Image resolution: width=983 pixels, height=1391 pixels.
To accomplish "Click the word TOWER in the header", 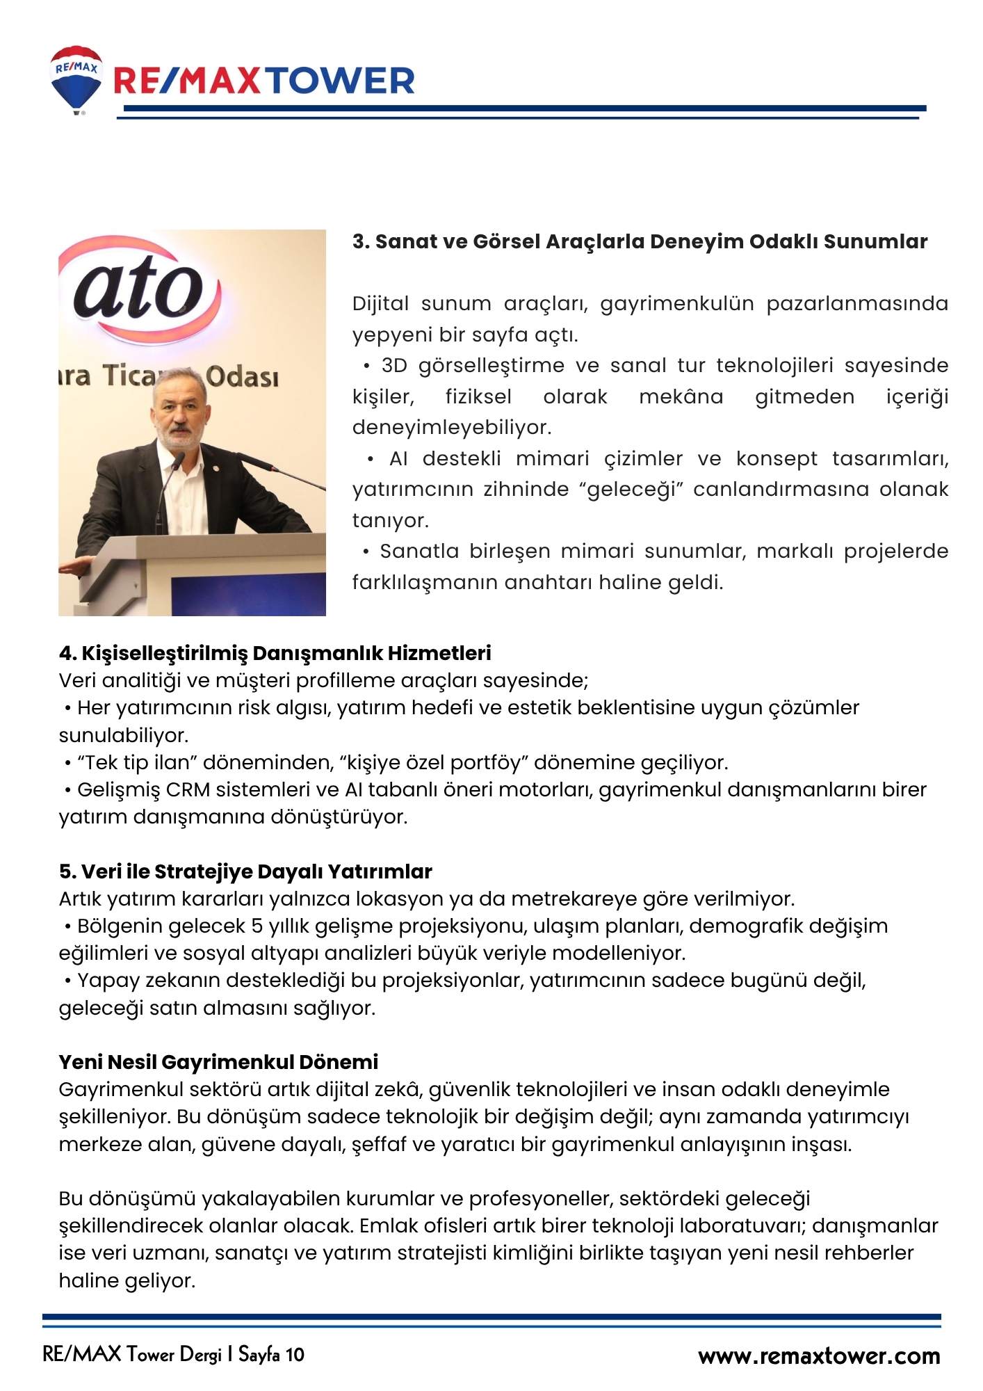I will click(x=341, y=81).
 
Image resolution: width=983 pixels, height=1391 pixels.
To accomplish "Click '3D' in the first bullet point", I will click(x=394, y=366).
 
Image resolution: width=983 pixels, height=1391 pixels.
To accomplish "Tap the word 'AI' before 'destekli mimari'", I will click(x=398, y=459).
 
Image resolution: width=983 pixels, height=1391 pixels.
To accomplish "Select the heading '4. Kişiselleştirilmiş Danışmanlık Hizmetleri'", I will click(x=275, y=653).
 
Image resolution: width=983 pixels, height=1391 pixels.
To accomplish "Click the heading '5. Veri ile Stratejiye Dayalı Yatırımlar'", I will click(x=245, y=871).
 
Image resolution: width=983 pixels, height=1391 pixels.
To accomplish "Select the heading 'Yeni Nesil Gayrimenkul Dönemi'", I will click(x=218, y=1062).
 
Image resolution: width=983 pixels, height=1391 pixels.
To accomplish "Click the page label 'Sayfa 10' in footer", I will click(x=271, y=1355).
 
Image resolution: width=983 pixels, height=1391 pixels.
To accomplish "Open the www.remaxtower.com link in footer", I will click(x=818, y=1356).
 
